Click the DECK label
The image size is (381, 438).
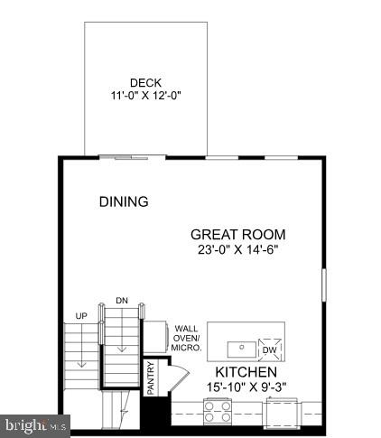(144, 83)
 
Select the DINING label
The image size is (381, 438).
(124, 201)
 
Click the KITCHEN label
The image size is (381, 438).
(246, 372)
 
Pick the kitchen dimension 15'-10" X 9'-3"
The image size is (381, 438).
(244, 388)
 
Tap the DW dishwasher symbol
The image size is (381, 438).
(268, 349)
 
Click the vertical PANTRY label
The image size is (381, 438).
(150, 378)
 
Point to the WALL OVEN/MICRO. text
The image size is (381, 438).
(186, 339)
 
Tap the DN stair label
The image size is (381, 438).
(122, 301)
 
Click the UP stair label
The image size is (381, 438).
(80, 315)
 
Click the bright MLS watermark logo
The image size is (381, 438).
(33, 424)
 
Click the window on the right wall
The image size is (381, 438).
(324, 284)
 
